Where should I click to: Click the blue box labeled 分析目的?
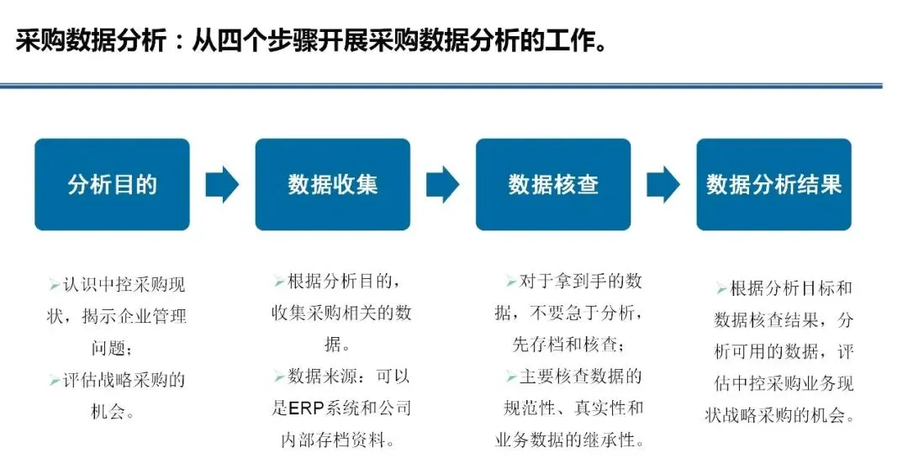(x=112, y=185)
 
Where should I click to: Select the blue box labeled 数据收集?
(x=333, y=185)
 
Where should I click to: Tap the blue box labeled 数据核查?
(x=553, y=185)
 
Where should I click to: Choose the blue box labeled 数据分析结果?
(x=773, y=185)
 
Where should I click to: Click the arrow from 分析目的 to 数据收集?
(x=222, y=185)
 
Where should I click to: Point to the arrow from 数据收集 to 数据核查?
(x=443, y=185)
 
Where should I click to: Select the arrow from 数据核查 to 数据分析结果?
(x=663, y=185)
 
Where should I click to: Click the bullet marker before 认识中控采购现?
(x=54, y=286)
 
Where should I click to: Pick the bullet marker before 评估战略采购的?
(x=54, y=381)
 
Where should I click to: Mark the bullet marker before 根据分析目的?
(x=278, y=282)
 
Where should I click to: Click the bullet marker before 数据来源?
(x=278, y=377)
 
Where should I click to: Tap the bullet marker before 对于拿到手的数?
(x=511, y=282)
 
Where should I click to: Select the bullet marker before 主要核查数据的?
(x=511, y=377)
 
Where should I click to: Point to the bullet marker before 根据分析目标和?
(x=721, y=288)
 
